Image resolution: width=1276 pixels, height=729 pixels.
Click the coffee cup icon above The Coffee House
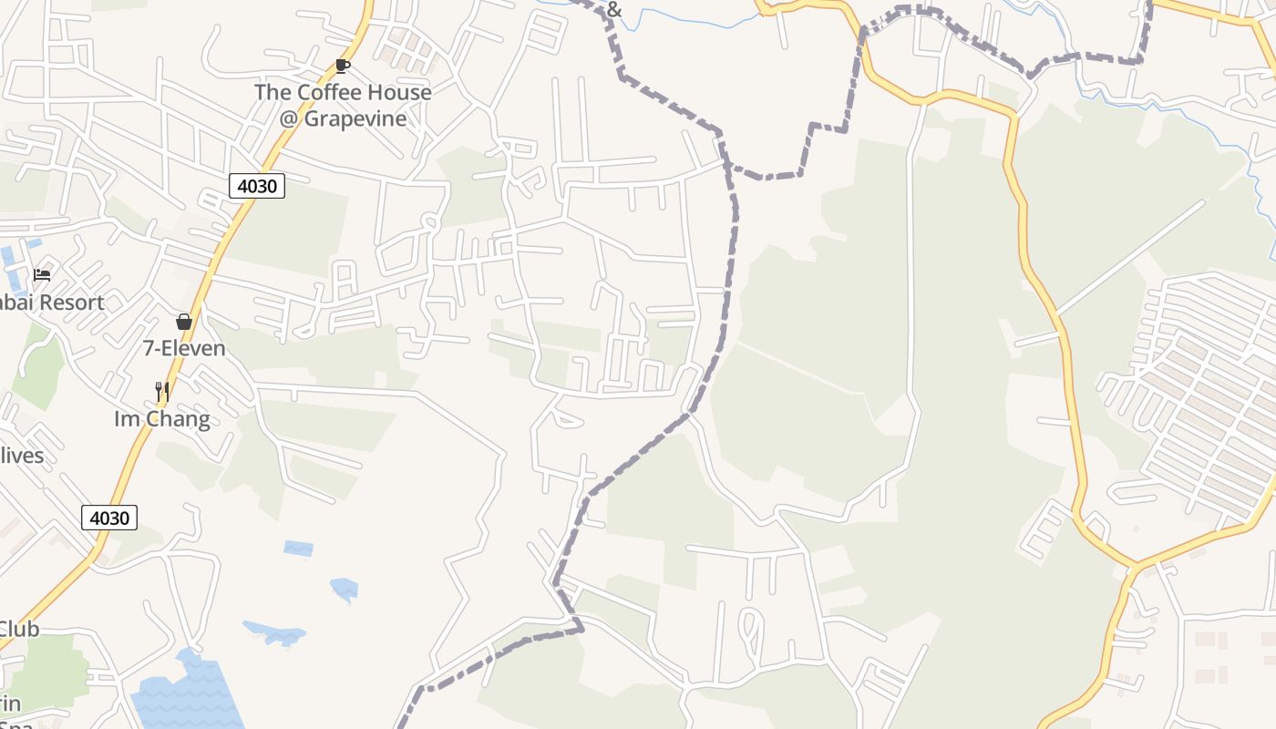[343, 66]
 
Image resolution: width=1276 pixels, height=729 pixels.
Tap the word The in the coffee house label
[273, 93]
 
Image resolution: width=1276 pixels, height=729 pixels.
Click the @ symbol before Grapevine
[289, 119]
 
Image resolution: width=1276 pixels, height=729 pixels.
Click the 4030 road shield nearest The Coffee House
[256, 187]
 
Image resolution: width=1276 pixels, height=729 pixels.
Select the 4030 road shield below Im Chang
[109, 519]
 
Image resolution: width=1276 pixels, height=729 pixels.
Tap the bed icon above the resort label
[42, 274]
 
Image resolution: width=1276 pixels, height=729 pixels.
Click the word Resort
[72, 303]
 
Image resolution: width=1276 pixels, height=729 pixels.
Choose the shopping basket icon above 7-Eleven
[184, 322]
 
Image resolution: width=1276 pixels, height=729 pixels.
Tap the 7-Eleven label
[184, 348]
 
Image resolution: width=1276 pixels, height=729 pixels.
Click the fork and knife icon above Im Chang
[162, 392]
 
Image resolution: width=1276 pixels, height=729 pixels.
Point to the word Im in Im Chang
[125, 419]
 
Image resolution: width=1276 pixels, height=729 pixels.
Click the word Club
[18, 629]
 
